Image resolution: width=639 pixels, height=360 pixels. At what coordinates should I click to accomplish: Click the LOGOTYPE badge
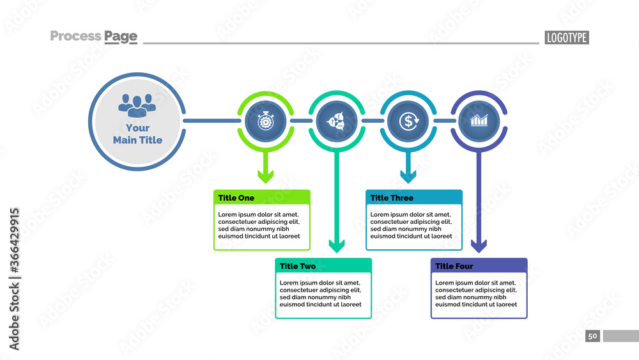(567, 37)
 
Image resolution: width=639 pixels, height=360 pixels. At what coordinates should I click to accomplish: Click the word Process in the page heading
(75, 36)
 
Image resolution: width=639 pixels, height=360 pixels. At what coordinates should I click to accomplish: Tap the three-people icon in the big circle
(137, 104)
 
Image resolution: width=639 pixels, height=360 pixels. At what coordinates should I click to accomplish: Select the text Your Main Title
(137, 134)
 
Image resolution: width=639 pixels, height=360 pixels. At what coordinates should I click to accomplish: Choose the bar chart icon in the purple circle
(479, 120)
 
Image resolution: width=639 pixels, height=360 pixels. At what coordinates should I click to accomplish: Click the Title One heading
(236, 198)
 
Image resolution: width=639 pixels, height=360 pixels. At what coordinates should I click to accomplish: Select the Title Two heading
(298, 266)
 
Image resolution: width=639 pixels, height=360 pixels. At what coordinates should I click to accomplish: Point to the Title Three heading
(392, 198)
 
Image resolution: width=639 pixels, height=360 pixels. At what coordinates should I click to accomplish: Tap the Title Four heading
(454, 266)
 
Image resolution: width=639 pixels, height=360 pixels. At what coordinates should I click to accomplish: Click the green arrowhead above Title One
(265, 176)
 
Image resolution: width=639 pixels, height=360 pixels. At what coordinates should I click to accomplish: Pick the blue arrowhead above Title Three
(408, 176)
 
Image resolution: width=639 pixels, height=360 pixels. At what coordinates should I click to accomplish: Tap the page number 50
(592, 336)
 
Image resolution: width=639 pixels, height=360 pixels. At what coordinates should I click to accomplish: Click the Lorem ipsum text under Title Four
(476, 293)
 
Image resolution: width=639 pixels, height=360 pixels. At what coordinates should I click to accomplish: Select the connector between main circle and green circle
(211, 120)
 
